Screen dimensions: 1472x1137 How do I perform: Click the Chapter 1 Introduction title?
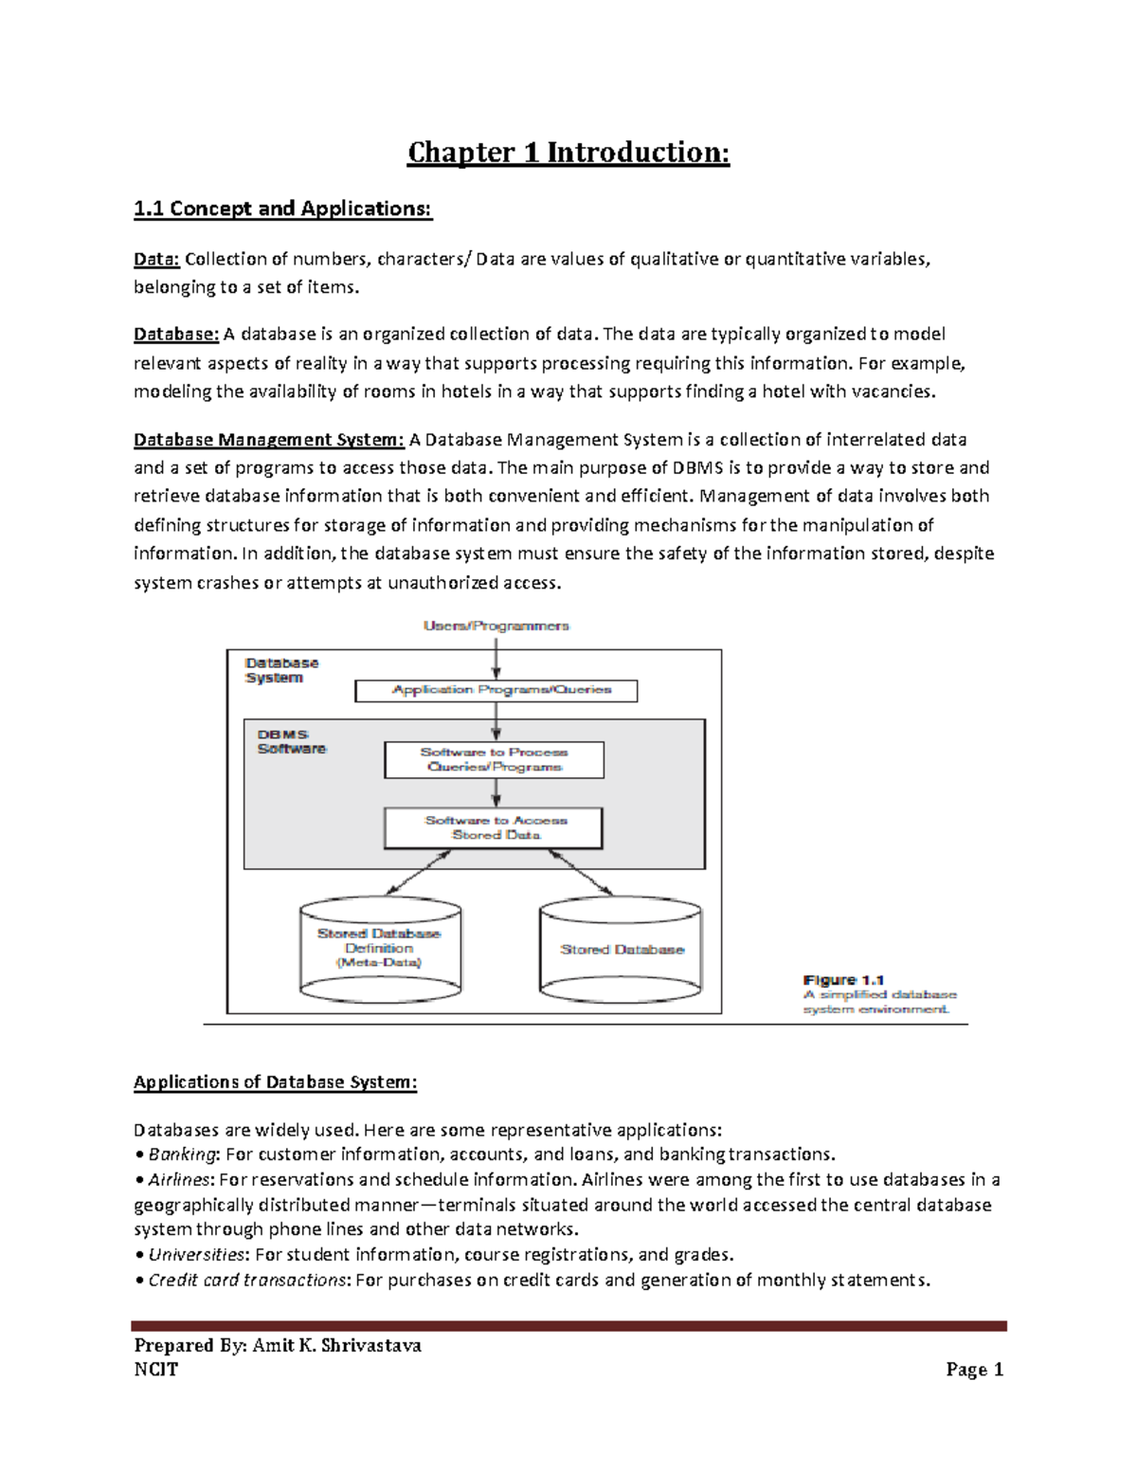pyautogui.click(x=568, y=153)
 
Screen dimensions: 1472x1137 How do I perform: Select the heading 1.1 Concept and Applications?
pyautogui.click(x=282, y=209)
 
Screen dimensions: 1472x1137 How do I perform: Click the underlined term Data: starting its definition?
pyautogui.click(x=156, y=259)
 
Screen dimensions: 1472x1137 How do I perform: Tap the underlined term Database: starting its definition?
pyautogui.click(x=176, y=334)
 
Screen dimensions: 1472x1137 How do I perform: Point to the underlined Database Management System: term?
pyautogui.click(x=269, y=439)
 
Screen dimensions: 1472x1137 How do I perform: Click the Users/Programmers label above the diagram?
pyautogui.click(x=496, y=626)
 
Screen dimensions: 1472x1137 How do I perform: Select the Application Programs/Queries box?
pyautogui.click(x=496, y=690)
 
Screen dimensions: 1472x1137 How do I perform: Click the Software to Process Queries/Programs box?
pyautogui.click(x=494, y=759)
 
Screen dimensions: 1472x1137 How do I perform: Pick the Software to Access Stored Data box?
pyautogui.click(x=494, y=827)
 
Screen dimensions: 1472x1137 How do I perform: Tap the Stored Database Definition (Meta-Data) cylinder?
pyautogui.click(x=380, y=948)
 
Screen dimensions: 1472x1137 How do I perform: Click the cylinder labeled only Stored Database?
pyautogui.click(x=622, y=950)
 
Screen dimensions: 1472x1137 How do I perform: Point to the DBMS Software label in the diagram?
pyautogui.click(x=290, y=741)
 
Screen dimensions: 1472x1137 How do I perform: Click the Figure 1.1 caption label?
pyautogui.click(x=843, y=980)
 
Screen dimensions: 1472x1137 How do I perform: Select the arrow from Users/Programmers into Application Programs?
pyautogui.click(x=496, y=656)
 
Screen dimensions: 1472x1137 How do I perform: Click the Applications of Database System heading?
pyautogui.click(x=275, y=1082)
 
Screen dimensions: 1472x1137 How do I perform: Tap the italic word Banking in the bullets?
pyautogui.click(x=183, y=1154)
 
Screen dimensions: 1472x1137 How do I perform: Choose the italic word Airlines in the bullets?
pyautogui.click(x=181, y=1180)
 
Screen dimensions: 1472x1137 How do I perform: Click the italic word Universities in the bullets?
pyautogui.click(x=197, y=1255)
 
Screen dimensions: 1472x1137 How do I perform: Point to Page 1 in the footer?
pyautogui.click(x=974, y=1370)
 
